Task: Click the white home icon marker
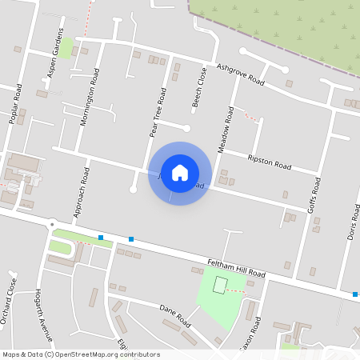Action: tap(180, 173)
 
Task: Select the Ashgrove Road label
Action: tap(240, 75)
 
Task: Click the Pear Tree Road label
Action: tap(158, 112)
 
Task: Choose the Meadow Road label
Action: tap(226, 130)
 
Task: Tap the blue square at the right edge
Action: tap(355, 294)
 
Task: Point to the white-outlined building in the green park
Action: tap(220, 285)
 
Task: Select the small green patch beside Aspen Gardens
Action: tap(66, 46)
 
